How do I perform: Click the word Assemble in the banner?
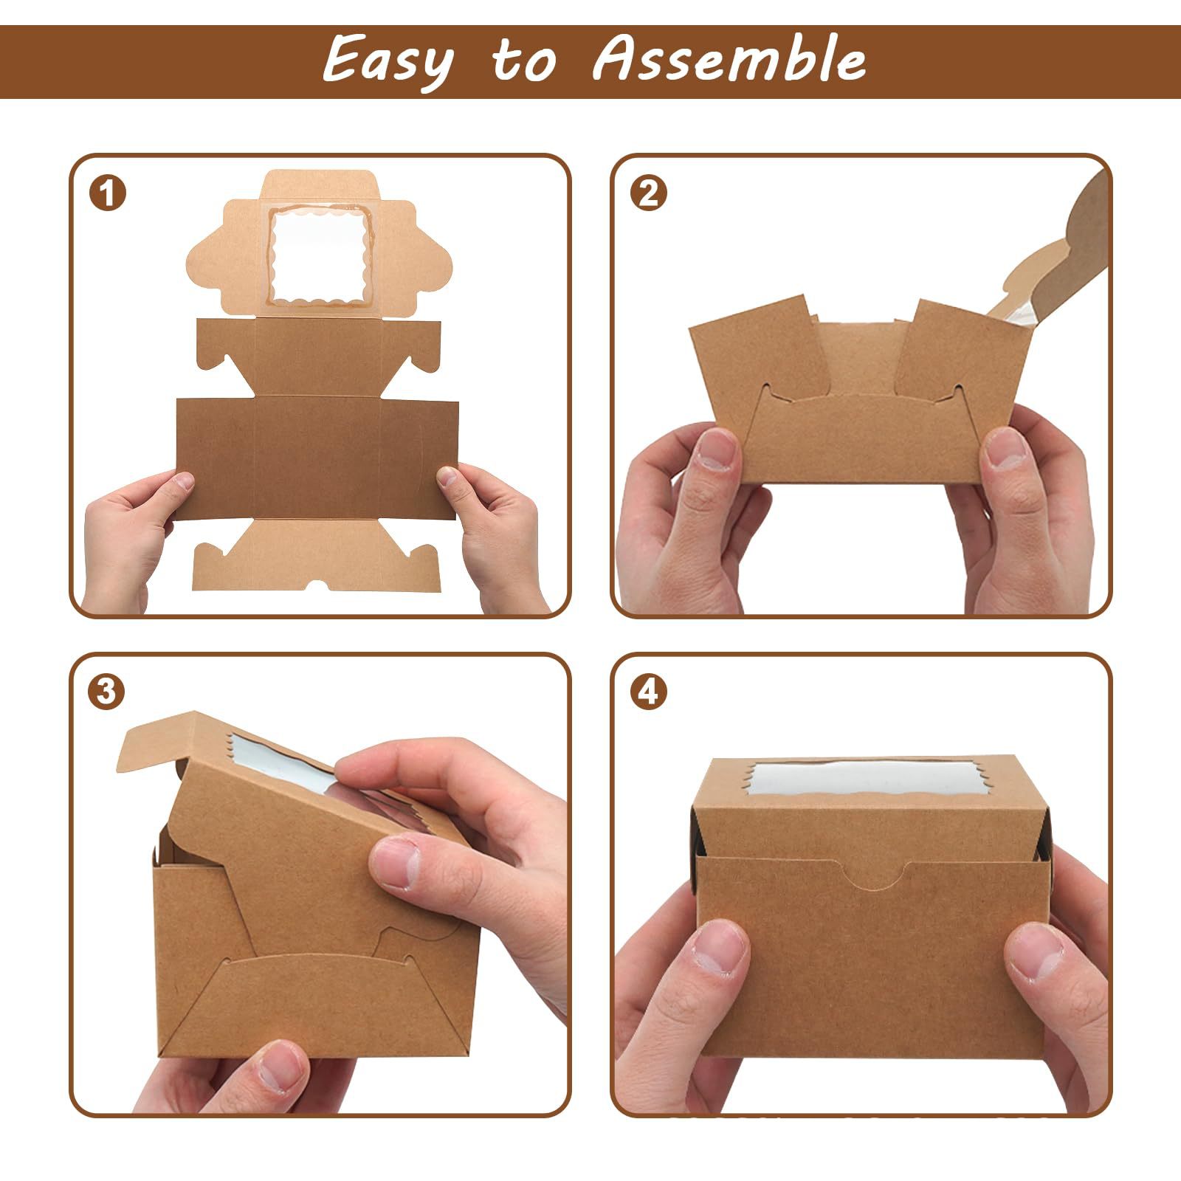coord(729,61)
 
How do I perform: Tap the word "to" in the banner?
coord(523,63)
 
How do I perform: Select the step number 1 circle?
coord(108,194)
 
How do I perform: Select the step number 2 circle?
coord(649,194)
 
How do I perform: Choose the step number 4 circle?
coord(649,692)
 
